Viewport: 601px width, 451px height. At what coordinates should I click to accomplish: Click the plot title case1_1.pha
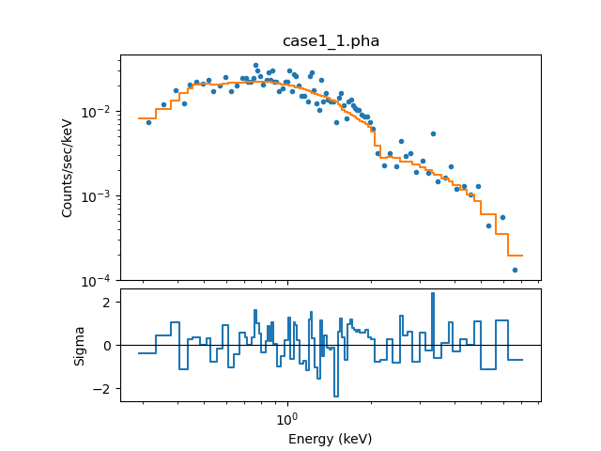click(331, 41)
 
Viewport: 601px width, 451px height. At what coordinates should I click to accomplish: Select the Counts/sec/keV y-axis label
click(68, 167)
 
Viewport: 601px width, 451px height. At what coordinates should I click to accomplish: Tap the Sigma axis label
click(80, 345)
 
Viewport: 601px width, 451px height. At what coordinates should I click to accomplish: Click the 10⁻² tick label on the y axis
click(99, 112)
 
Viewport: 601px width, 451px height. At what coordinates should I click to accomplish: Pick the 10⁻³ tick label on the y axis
click(99, 196)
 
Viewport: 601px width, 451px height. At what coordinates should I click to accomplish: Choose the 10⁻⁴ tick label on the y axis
click(99, 281)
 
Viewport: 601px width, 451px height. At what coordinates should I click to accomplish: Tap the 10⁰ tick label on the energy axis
click(287, 417)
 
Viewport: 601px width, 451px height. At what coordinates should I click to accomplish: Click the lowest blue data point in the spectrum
click(515, 270)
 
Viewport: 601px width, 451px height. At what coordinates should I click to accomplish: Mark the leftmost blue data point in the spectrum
click(148, 122)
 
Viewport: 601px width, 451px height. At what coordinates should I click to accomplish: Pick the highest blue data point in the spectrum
click(255, 66)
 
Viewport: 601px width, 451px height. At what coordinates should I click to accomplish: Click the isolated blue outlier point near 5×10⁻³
click(433, 133)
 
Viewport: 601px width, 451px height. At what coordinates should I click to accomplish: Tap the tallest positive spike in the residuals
click(433, 294)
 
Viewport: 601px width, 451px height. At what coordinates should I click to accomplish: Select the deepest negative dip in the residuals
click(336, 396)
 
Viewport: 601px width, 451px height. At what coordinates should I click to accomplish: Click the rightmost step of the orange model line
click(515, 256)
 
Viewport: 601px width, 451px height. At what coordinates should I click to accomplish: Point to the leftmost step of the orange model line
click(146, 118)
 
